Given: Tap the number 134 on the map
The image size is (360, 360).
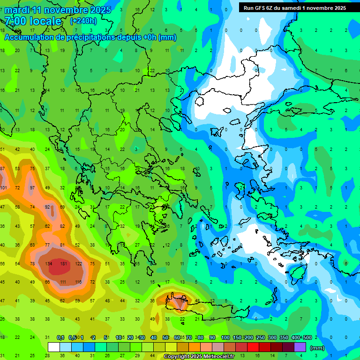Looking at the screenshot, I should pos(48,263).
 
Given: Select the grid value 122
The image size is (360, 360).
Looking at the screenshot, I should pos(78,263).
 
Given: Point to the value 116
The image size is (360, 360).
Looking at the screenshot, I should pos(78,282).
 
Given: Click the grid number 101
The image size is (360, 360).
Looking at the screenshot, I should pos(3,187).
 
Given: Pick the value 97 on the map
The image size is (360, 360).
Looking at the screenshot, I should pos(32,187).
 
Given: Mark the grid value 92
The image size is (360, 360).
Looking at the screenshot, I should pos(47,207).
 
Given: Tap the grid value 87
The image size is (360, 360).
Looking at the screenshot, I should pos(2,169).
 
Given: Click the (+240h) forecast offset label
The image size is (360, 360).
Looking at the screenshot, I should pos(83,21).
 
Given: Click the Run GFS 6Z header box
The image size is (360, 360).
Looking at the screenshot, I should pos(295,7).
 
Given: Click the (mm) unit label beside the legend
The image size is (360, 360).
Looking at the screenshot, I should pos(317,348).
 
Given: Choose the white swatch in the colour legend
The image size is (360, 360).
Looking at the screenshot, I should pos(54,347).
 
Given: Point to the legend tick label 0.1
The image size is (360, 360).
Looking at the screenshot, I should pos(60,338).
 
